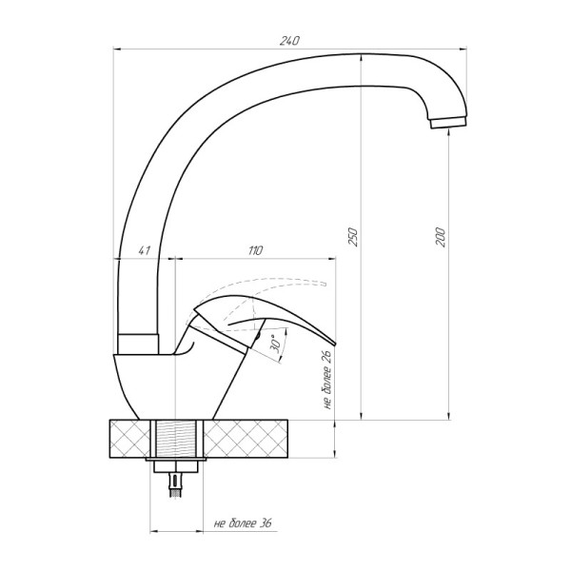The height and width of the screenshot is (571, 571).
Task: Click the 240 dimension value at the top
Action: tap(289, 41)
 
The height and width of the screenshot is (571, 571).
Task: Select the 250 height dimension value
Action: tap(353, 237)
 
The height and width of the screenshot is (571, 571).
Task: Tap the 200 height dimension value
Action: tap(441, 237)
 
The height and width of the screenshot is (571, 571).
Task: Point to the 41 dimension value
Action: tap(145, 250)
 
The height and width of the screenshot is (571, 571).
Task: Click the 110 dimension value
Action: tap(255, 250)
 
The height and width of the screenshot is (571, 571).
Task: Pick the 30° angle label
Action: tap(275, 343)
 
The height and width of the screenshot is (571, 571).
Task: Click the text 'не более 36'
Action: tap(243, 523)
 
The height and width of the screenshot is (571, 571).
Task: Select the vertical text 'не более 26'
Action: tap(326, 379)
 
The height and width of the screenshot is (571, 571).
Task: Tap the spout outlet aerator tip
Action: tap(448, 123)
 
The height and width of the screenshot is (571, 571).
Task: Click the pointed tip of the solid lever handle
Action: tap(335, 345)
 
